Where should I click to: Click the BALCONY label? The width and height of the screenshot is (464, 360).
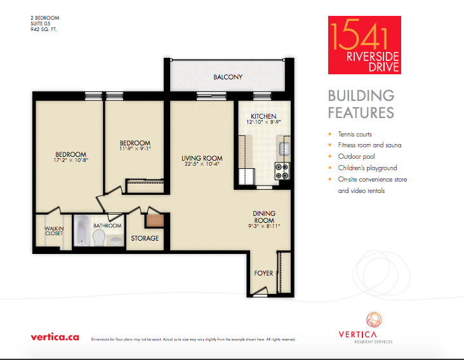point(228,77)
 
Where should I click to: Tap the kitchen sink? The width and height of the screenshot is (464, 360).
point(284,149)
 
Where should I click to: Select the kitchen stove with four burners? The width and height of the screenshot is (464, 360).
point(282,171)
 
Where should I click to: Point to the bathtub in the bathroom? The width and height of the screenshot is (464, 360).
point(82,230)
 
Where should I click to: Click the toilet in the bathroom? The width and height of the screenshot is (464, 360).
point(99,237)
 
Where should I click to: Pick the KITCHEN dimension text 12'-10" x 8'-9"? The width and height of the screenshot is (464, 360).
point(263,122)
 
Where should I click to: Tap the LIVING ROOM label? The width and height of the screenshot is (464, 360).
point(202,158)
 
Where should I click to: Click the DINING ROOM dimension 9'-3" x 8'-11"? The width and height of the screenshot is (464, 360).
point(264,226)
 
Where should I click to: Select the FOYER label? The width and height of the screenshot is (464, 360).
point(263,273)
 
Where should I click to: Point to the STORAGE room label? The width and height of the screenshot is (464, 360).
point(145,238)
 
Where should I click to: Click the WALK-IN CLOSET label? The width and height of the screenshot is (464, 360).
point(54,231)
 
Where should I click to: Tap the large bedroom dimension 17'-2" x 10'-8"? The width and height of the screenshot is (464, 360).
point(71,160)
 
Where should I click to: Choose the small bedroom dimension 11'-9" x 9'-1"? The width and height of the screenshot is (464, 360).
point(135,149)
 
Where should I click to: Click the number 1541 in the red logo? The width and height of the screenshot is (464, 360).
point(359,34)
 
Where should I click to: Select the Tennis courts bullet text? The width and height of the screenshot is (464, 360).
point(355,134)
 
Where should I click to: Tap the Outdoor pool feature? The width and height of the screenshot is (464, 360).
point(356,156)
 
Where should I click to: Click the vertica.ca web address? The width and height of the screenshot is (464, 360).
point(55,337)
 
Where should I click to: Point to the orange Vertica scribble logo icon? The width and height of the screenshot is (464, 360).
point(374,320)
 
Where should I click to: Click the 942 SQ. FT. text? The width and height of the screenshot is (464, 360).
point(44,29)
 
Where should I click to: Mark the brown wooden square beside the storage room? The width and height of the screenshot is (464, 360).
point(155,221)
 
